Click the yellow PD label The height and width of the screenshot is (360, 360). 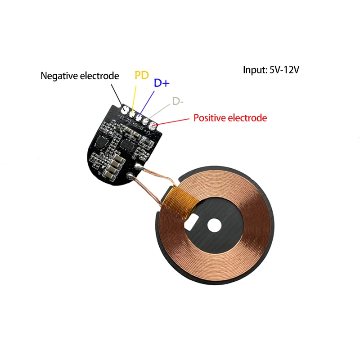pos(142,75)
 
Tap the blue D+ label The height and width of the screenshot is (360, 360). pos(162,83)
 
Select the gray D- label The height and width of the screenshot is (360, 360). pos(178,102)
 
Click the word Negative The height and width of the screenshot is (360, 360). pos(59,76)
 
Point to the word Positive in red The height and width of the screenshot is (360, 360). pos(210,118)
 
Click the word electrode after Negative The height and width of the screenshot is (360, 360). pos(100,76)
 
